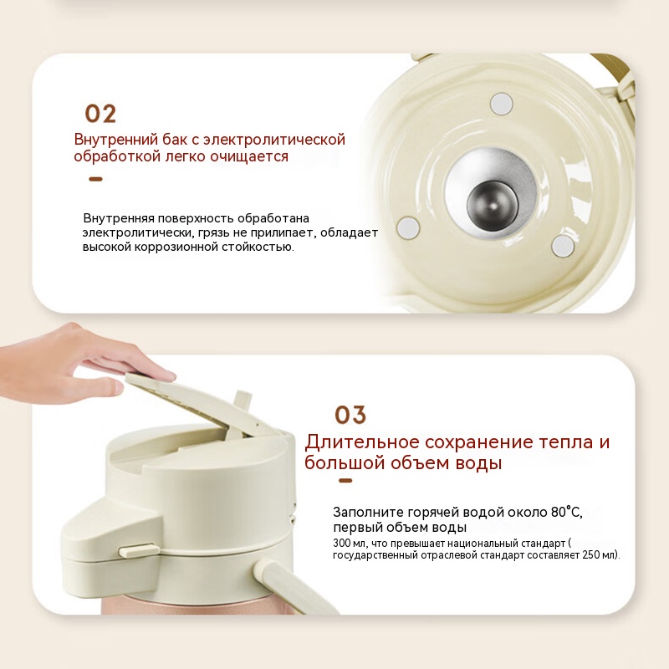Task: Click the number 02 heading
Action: pos(100,114)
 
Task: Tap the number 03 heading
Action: pos(350,415)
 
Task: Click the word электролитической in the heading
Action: pos(274,140)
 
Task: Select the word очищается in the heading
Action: pos(249,156)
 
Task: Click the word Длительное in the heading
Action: pos(362,442)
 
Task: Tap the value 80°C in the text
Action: pos(566,512)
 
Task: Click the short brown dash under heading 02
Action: pos(95,179)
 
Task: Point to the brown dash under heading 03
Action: pos(345,481)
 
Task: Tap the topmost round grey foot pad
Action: pos(501,104)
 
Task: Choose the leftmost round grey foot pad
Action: pos(408,227)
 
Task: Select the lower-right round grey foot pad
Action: pos(563,246)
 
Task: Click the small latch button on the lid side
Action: pos(136,550)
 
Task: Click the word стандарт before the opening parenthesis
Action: pos(545,544)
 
